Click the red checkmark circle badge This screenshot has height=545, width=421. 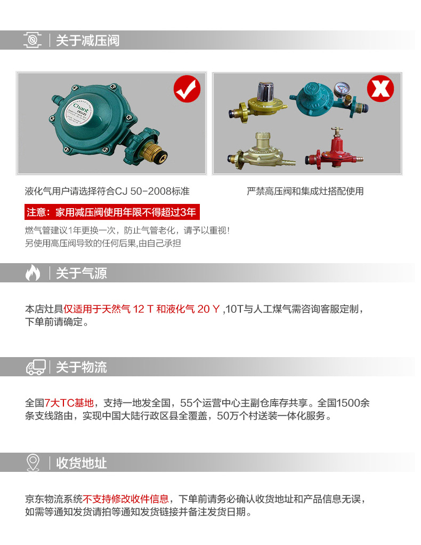pos(187,89)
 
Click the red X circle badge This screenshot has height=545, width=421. pos(380,89)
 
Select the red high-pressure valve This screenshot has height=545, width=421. pos(334,148)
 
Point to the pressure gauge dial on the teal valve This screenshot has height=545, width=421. pos(342,89)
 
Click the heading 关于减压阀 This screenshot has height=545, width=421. pos(87,41)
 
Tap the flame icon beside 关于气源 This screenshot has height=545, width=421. pos(33,272)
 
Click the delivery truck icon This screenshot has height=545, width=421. pos(36,367)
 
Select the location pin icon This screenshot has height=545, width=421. pos(33,463)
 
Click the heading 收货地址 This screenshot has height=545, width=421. pos(81,463)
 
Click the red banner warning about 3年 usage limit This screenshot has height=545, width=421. pos(112,212)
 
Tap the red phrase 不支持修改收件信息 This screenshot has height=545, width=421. pos(126,499)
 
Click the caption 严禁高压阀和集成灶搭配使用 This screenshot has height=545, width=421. pos(305,191)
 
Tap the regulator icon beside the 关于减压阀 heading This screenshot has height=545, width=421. pos(33,40)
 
